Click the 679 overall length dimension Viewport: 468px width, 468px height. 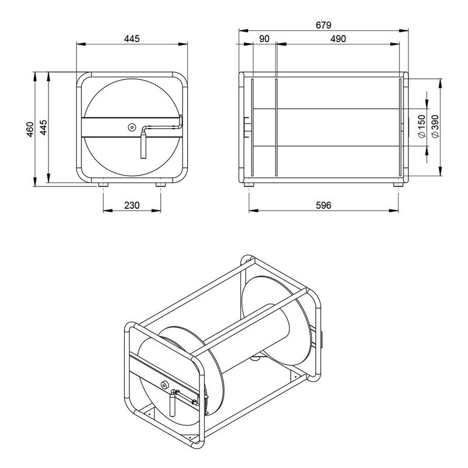pyautogui.click(x=323, y=25)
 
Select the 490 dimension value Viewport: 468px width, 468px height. pyautogui.click(x=338, y=39)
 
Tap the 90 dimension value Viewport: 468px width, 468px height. pyautogui.click(x=263, y=39)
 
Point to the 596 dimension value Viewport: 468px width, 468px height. pyautogui.click(x=324, y=205)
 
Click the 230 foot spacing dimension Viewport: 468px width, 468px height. pyautogui.click(x=132, y=205)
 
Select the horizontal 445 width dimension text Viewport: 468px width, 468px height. pyautogui.click(x=132, y=39)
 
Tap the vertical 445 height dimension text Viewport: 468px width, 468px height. pyautogui.click(x=44, y=128)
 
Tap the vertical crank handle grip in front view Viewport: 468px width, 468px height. pyautogui.click(x=143, y=144)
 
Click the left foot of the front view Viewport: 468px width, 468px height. pyautogui.click(x=103, y=184)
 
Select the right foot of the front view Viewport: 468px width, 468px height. pyautogui.click(x=160, y=184)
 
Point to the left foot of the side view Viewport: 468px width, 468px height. pyautogui.click(x=249, y=184)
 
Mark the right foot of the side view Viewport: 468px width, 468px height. pyautogui.click(x=398, y=184)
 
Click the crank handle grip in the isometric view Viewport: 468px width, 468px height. pyautogui.click(x=174, y=403)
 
